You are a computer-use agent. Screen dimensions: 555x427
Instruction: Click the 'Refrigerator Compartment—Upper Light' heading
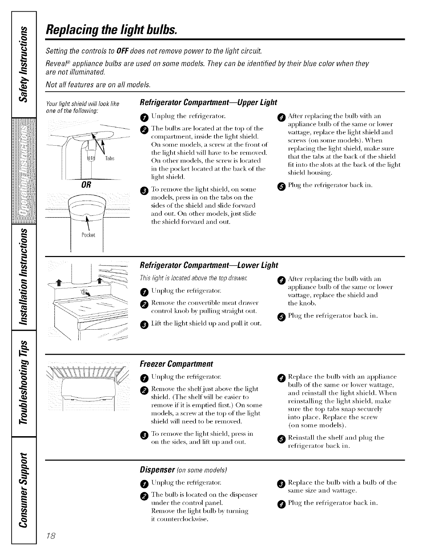(209, 103)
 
